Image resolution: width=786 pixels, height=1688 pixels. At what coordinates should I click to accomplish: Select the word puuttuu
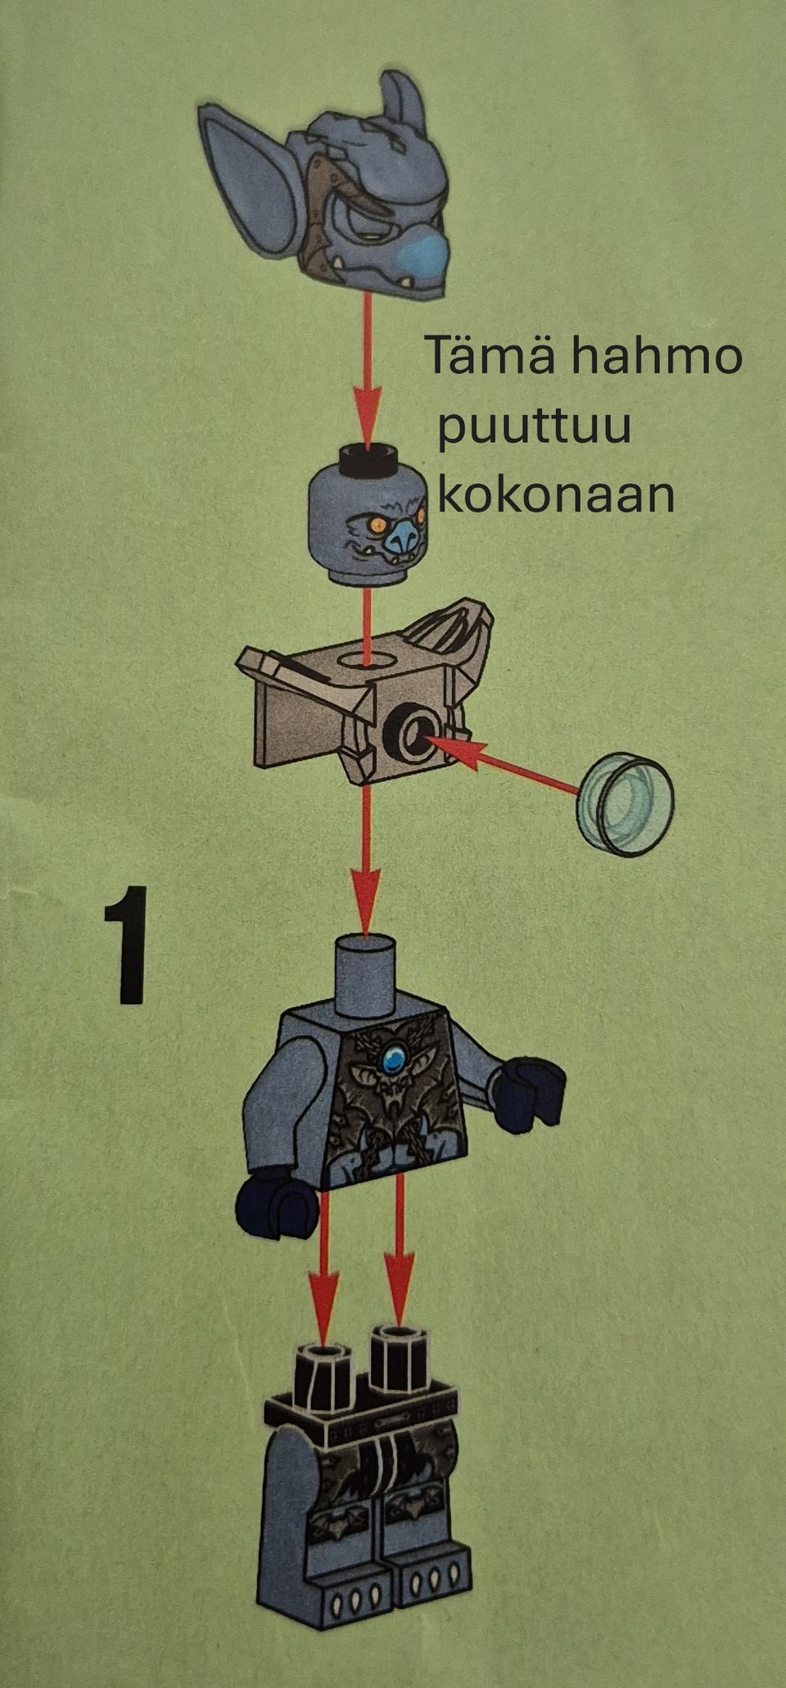535,428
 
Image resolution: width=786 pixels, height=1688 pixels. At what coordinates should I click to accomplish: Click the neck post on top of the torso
367,975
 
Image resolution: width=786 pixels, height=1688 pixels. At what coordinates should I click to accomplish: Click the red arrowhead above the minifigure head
368,415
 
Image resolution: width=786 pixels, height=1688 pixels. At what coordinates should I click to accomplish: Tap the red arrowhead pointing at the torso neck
367,900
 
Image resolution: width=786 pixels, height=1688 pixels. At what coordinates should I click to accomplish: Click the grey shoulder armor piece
365,694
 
